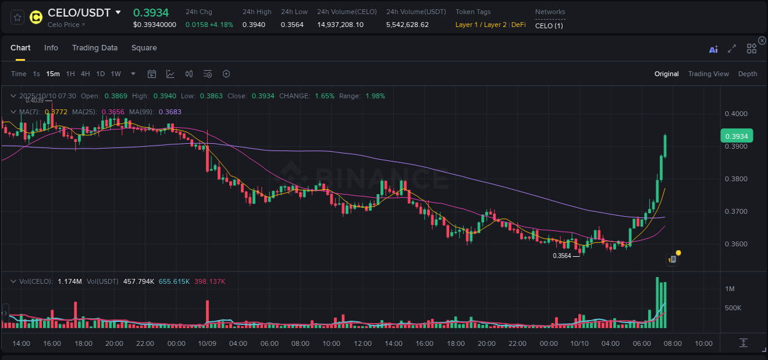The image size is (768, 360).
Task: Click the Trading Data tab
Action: (95, 48)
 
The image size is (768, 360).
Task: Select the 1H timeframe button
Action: (71, 74)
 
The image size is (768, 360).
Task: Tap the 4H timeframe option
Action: (85, 74)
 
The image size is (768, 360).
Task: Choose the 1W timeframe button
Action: (116, 74)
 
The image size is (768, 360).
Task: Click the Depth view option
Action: (747, 74)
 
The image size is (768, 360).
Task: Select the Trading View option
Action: (708, 74)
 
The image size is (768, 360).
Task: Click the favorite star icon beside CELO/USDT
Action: (17, 17)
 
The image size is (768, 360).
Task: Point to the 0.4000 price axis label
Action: (735, 114)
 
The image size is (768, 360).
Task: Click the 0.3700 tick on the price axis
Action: (735, 211)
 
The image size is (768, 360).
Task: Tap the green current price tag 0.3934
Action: (736, 136)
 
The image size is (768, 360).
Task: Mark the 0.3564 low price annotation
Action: (562, 256)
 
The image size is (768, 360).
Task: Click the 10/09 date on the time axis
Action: (207, 343)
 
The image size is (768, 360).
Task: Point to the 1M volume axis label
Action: (730, 289)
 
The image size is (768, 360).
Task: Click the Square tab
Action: (144, 48)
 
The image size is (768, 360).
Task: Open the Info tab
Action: (51, 48)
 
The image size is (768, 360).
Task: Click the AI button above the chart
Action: (713, 50)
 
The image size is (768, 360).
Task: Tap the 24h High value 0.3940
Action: (253, 25)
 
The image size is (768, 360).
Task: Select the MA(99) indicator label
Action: (170, 112)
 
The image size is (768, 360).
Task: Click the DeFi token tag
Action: (518, 25)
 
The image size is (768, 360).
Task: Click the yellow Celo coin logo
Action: (36, 17)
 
